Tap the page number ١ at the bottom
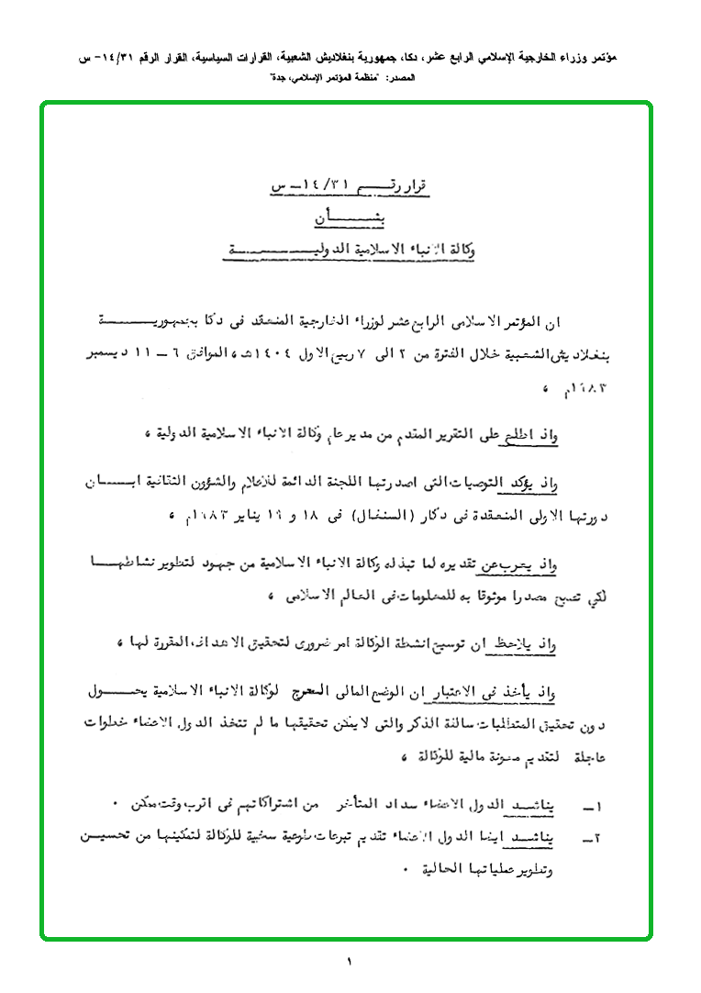point(350,962)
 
